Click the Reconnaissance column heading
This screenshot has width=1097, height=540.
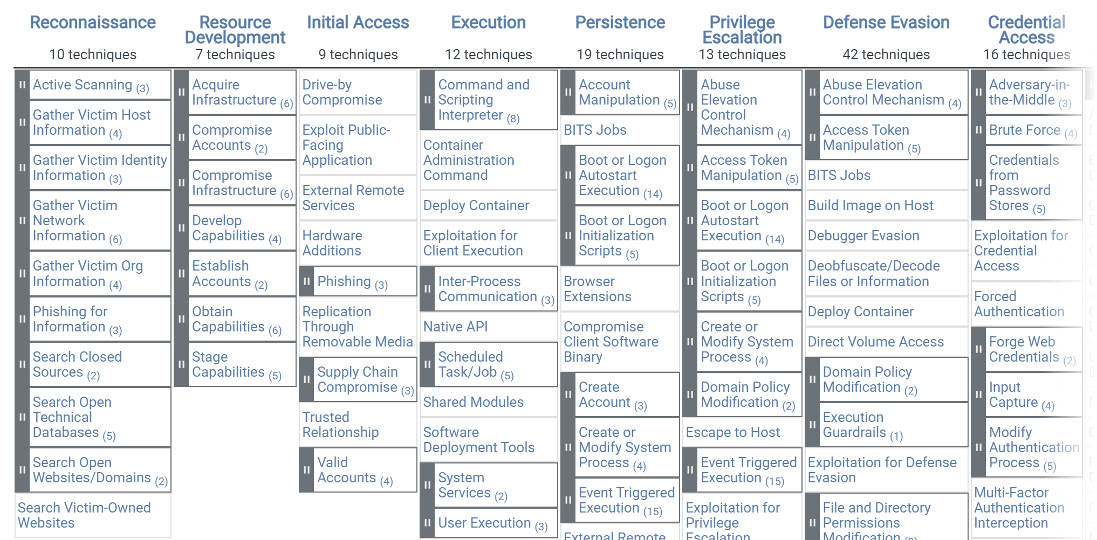click(x=93, y=23)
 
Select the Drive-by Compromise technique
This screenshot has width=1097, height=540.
click(x=342, y=92)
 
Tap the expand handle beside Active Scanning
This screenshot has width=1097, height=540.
click(x=22, y=85)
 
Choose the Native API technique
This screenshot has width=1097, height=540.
click(x=455, y=327)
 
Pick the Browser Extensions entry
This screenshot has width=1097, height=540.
click(x=597, y=289)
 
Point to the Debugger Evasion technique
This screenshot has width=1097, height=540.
click(x=863, y=236)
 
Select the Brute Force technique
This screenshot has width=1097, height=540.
click(x=1024, y=130)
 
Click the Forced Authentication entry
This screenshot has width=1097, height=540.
click(x=1019, y=304)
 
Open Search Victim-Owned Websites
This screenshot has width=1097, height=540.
click(x=84, y=515)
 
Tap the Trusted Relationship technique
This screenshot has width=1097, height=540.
click(x=340, y=425)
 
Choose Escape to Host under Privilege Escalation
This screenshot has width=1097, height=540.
click(x=732, y=432)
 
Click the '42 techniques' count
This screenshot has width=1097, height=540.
click(x=886, y=54)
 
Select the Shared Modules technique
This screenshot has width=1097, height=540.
click(x=473, y=402)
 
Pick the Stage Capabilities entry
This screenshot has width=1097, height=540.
click(x=228, y=364)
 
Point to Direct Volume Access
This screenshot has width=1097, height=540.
click(x=875, y=342)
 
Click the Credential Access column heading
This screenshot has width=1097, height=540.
click(x=1026, y=30)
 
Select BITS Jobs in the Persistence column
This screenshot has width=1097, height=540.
click(x=595, y=130)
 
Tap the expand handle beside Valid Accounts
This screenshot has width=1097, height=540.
click(x=306, y=470)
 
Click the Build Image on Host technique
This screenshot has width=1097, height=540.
click(x=870, y=205)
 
